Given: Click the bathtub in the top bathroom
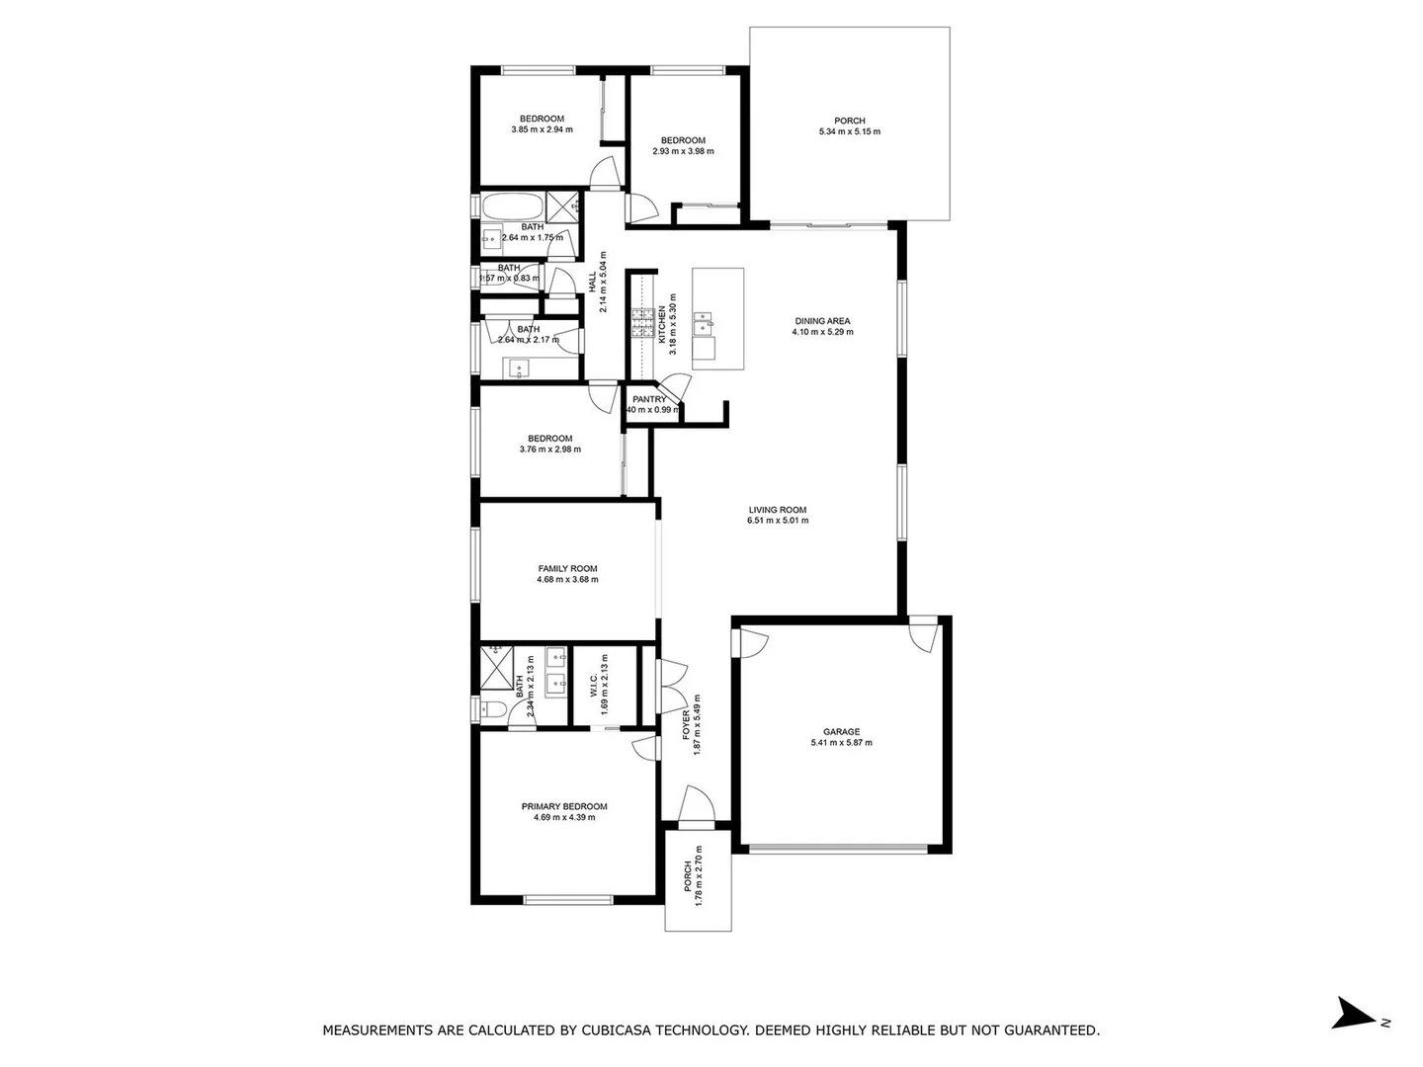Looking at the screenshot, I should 512,208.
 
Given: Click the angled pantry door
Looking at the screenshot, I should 674,386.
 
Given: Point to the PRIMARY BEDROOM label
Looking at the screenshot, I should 564,806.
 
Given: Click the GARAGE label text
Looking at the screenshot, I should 841,732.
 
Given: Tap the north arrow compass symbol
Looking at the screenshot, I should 1350,1014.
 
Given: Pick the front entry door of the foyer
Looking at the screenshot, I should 697,805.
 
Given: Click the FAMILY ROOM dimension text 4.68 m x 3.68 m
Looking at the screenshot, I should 567,580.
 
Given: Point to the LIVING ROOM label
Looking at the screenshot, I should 777,510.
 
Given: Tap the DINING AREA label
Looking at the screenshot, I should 822,321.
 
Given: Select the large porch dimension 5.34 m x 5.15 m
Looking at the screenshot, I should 849,132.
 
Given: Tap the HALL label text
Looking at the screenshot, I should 593,283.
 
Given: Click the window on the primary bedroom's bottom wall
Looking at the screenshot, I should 567,899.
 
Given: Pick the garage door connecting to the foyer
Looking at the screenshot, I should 748,643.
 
